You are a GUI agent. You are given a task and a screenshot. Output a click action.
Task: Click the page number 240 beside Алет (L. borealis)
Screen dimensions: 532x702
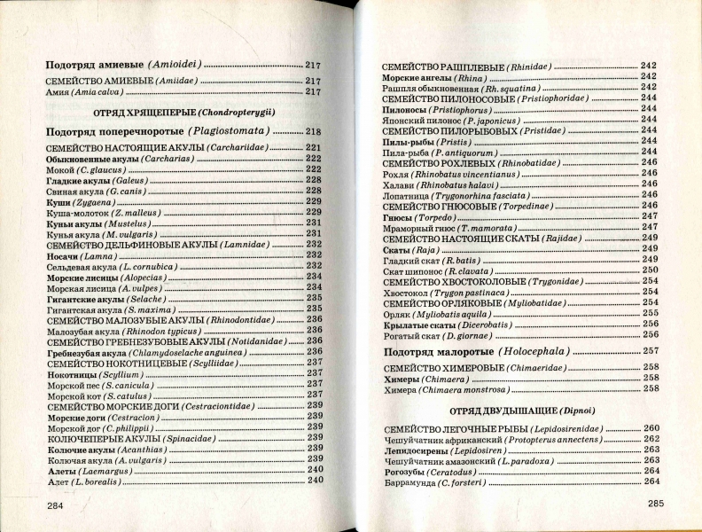(x=315, y=481)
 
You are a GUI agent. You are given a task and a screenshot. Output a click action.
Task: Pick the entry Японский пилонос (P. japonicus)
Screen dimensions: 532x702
(x=441, y=120)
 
